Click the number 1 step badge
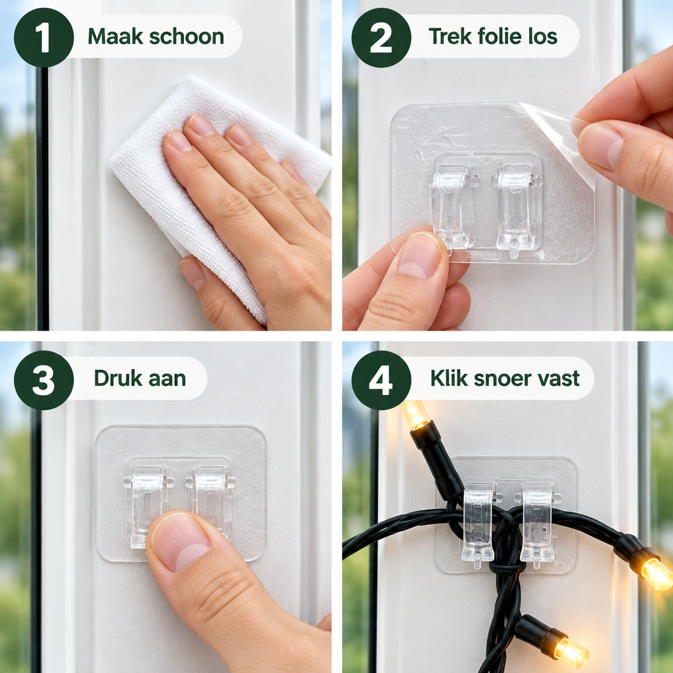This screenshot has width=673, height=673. (44, 37)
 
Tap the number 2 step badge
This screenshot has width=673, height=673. (381, 37)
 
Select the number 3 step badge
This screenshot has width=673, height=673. (44, 380)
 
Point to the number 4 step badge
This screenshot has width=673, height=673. (381, 380)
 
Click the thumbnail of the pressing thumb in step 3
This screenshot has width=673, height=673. (180, 542)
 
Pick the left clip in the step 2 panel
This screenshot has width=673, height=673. (453, 206)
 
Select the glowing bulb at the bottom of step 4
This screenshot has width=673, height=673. (571, 653)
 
